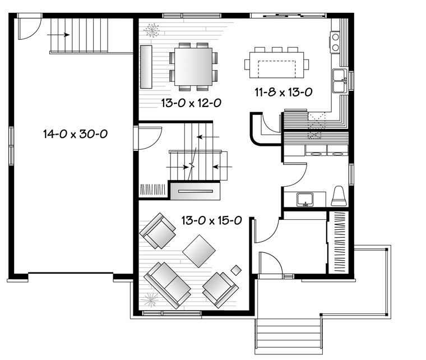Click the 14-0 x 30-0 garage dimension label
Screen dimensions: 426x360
[75, 133]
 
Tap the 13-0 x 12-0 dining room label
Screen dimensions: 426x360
[191, 103]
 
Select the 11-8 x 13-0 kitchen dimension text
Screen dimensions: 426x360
[284, 92]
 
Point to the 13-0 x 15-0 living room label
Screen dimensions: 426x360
[212, 220]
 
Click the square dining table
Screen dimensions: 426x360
[193, 67]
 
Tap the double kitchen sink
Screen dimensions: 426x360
[340, 81]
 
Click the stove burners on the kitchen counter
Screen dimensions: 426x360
[336, 42]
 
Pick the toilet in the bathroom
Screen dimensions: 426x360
[339, 196]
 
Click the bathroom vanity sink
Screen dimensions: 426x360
[305, 200]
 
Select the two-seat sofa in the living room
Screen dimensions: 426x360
[168, 285]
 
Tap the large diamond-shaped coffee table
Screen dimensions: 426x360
[199, 251]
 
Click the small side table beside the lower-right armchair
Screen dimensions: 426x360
[236, 270]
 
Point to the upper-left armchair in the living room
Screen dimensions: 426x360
[158, 230]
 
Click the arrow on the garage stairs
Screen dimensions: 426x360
[58, 35]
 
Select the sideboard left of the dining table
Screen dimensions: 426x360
[146, 67]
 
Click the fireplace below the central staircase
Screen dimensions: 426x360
[195, 191]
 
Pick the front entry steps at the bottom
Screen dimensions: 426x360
[289, 336]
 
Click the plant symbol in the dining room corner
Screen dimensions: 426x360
[151, 30]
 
